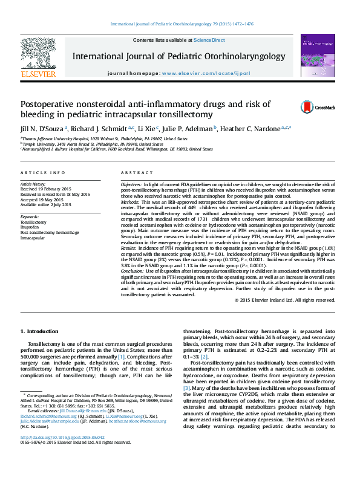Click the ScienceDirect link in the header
(x=209, y=40)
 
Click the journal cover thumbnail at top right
(x=317, y=56)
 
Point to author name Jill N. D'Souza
(x=42, y=128)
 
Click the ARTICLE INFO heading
(x=43, y=172)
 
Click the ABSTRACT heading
(x=137, y=172)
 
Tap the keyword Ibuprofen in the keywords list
(x=31, y=227)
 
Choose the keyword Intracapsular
(x=33, y=238)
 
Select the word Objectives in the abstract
(x=131, y=183)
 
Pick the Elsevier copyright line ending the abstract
(x=284, y=300)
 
